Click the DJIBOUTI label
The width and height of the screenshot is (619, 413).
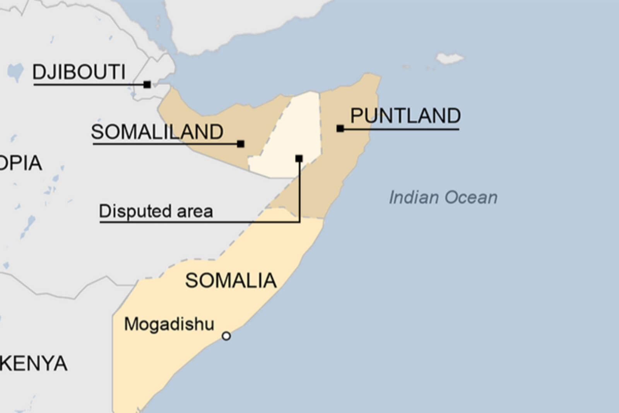(x=79, y=72)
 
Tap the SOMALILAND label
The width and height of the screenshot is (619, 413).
(x=157, y=132)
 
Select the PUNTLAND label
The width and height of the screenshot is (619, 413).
(x=405, y=116)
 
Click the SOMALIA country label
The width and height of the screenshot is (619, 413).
(x=231, y=281)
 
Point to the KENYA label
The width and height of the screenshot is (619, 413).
(x=34, y=363)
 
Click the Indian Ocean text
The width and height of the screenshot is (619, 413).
(x=443, y=197)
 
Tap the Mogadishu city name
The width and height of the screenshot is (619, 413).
(x=169, y=324)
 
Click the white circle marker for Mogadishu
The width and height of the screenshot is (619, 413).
(x=226, y=336)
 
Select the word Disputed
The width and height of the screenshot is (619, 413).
(x=135, y=211)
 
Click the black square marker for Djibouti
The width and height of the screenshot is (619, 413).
(x=147, y=84)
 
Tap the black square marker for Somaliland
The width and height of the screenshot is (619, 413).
(x=241, y=144)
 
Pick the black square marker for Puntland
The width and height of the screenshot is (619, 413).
(x=340, y=129)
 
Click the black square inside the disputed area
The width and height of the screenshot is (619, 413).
(x=299, y=158)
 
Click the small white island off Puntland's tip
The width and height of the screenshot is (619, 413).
(x=450, y=58)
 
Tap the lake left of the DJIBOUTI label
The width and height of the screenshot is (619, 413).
(x=15, y=72)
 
